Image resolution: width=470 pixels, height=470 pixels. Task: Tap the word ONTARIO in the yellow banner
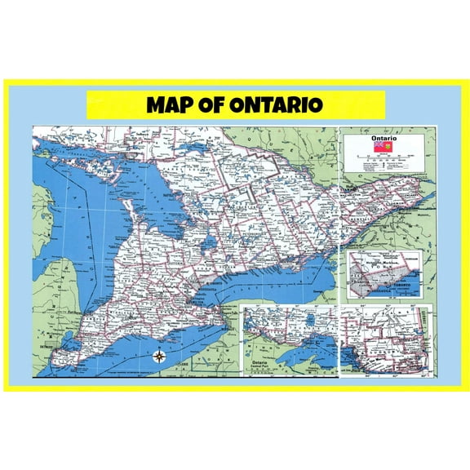277,105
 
